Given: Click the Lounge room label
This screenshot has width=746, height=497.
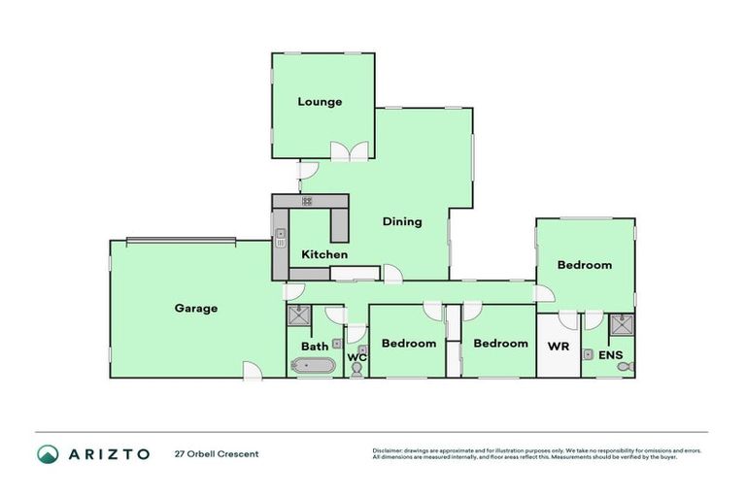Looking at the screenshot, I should (x=320, y=102).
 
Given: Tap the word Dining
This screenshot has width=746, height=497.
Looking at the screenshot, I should (x=401, y=221).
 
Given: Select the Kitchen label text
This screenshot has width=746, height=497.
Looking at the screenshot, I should (x=323, y=254).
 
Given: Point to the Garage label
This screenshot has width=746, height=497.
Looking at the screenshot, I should (x=195, y=309).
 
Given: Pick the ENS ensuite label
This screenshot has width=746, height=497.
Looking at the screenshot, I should (x=609, y=356).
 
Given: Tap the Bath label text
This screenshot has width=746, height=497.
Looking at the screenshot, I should (x=314, y=347).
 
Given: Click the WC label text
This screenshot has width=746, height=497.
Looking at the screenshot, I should (x=356, y=357).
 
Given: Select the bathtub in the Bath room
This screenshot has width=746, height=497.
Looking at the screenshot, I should (x=313, y=366).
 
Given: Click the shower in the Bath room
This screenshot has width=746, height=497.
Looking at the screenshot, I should (x=298, y=315).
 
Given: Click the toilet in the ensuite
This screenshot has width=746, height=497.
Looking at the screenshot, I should (x=627, y=367).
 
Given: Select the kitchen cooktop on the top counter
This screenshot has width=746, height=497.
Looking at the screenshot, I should (x=307, y=201).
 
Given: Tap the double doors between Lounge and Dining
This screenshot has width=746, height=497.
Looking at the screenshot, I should (x=350, y=151).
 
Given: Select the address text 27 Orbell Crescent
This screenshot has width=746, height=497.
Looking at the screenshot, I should (x=217, y=454).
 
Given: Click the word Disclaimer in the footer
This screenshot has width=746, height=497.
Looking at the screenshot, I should (x=390, y=450).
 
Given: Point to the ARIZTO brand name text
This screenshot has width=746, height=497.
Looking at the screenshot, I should (x=109, y=454).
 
